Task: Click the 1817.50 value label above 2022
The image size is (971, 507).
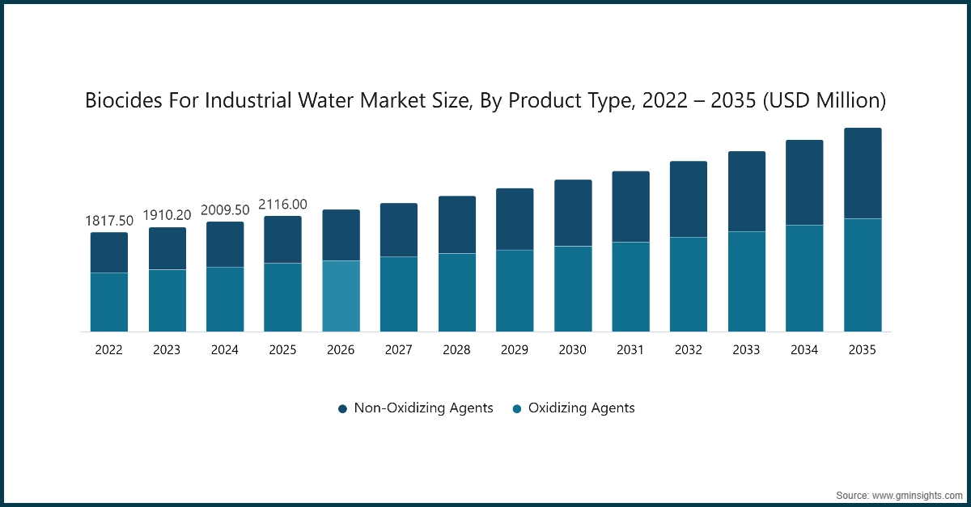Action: click(109, 221)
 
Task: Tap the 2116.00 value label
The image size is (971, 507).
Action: click(282, 205)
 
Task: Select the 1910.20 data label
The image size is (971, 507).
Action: click(167, 216)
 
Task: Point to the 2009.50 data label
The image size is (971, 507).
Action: click(225, 210)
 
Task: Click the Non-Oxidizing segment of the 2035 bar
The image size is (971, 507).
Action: click(863, 173)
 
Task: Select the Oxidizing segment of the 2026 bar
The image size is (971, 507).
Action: click(341, 296)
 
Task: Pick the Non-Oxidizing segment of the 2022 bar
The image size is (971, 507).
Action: click(109, 252)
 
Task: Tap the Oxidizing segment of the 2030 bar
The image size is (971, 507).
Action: click(573, 289)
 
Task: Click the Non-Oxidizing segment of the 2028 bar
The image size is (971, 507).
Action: click(457, 225)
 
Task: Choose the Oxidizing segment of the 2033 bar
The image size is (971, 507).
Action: click(747, 281)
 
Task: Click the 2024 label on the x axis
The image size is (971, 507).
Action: click(225, 350)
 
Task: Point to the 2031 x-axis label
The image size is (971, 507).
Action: click(630, 350)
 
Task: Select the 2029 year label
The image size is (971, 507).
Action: click(515, 350)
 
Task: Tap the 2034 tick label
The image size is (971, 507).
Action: click(804, 350)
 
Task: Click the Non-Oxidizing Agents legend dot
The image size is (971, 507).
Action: click(343, 409)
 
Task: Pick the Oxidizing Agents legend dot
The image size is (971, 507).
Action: click(517, 409)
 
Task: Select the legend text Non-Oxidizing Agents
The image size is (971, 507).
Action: click(423, 408)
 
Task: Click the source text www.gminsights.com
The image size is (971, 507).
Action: click(918, 493)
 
